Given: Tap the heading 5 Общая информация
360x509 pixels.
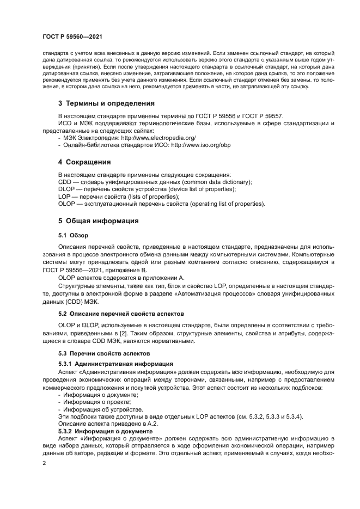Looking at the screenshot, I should [99, 221].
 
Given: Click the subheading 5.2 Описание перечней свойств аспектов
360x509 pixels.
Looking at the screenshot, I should [121, 314].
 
